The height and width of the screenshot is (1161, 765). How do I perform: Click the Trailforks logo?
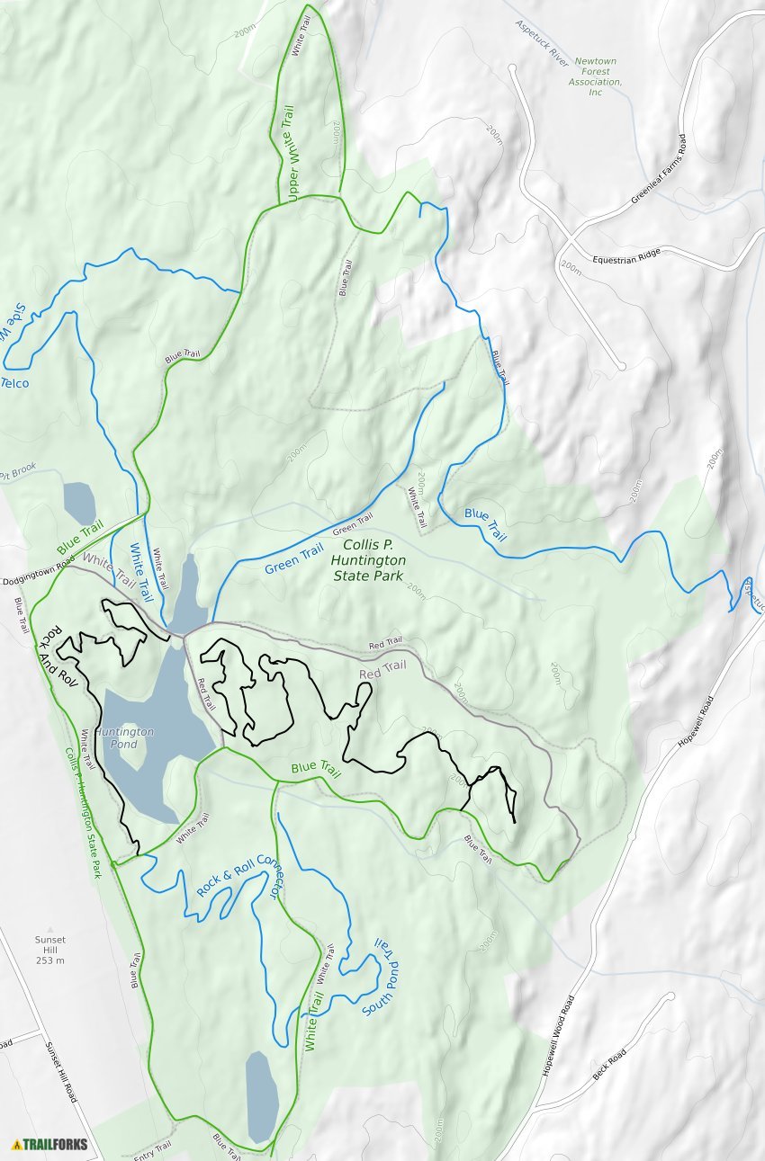(49, 1145)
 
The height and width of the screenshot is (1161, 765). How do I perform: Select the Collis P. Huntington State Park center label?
(374, 560)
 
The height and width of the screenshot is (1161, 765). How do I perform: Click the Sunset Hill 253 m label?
(50, 950)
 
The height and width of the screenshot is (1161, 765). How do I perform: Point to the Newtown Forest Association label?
(596, 76)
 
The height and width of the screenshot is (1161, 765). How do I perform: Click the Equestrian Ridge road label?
(625, 255)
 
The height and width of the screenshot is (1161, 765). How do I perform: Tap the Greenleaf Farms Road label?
(659, 171)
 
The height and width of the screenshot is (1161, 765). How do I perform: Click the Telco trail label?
(14, 384)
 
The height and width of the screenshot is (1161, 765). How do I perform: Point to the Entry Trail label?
(152, 1150)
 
